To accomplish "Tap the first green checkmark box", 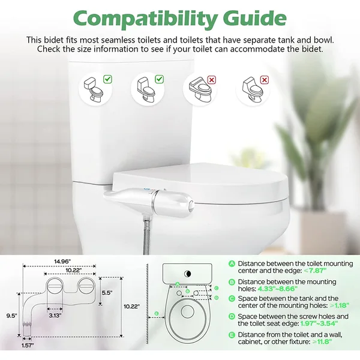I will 107,79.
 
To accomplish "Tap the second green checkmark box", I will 159,79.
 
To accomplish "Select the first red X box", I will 211,79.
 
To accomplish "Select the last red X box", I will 264,79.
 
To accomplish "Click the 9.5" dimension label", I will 11,314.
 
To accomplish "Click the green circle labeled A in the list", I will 232,263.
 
